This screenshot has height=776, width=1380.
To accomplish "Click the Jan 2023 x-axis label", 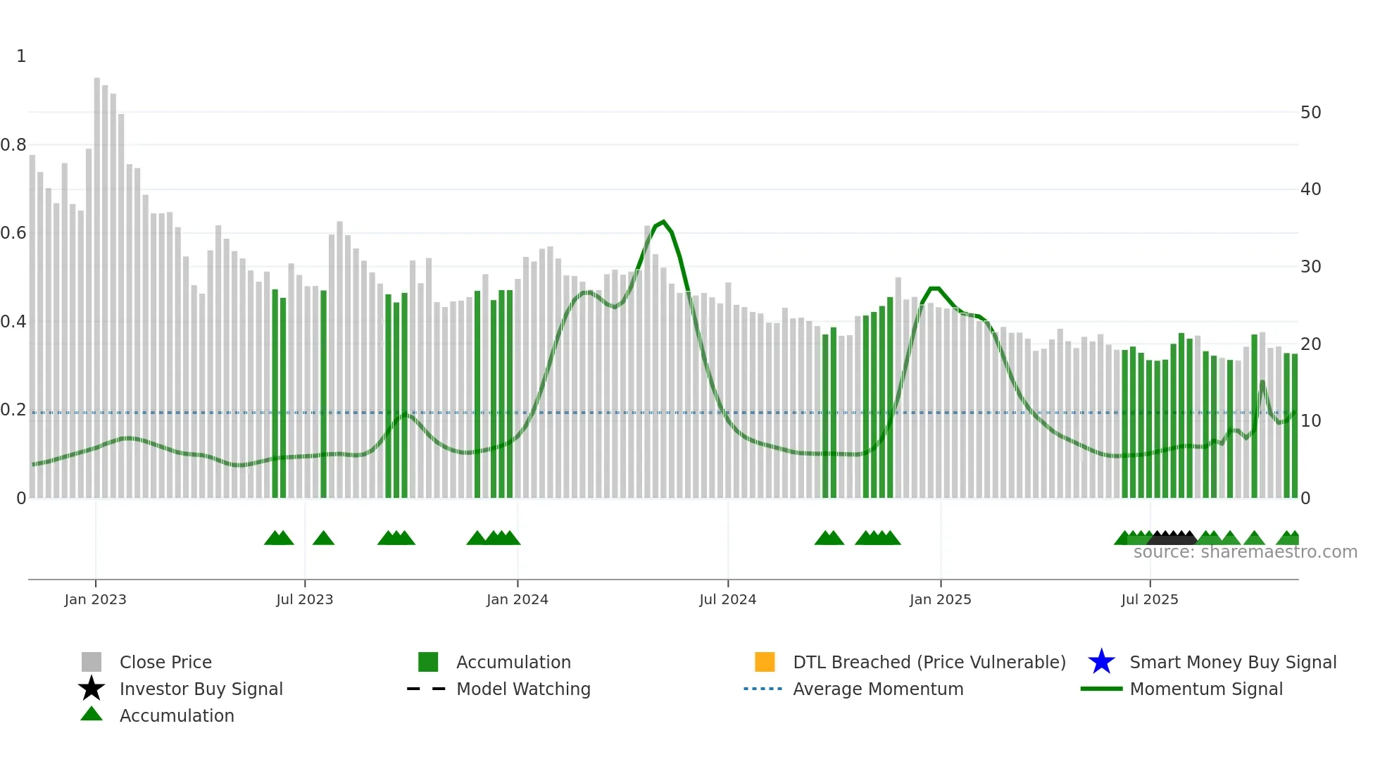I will coord(95,599).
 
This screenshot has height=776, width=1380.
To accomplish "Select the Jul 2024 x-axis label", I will coord(727,599).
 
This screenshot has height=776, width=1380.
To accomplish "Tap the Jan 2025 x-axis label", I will coord(940,599).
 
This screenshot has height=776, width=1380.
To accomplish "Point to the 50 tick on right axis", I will coord(1310,113).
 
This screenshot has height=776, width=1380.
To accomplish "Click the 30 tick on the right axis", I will coord(1310,267).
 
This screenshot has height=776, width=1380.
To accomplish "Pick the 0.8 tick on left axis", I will coord(14,145).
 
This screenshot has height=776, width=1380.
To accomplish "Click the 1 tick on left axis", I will coord(21,56).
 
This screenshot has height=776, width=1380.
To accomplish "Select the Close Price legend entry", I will coord(165,662).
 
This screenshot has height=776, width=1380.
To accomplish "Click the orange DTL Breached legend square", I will coord(765,662).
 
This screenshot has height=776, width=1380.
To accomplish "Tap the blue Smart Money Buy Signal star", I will coord(1101,662).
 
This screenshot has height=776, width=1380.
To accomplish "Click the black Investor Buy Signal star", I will coord(92,689).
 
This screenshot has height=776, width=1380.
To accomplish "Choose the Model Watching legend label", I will coord(523,689).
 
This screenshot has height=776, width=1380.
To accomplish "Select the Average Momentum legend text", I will coord(878,689).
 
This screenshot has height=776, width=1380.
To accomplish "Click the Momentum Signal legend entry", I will coord(1206,689).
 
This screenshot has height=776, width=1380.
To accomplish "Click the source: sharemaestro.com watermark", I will coord(1245,552).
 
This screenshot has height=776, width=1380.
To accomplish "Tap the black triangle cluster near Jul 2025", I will coord(1172,538).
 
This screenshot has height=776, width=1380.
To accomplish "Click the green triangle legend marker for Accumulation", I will coord(92,714).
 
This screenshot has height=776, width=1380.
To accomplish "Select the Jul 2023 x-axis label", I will coord(304,599).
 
